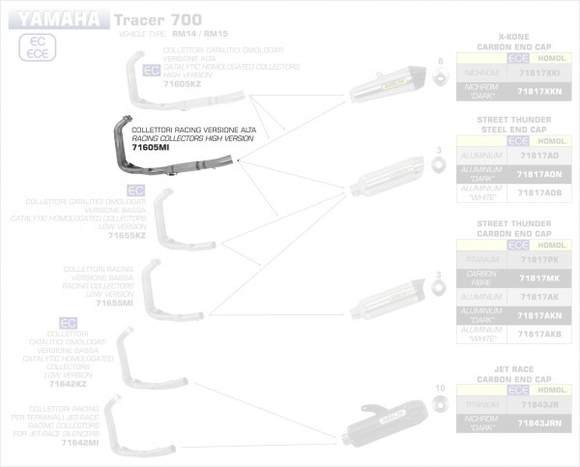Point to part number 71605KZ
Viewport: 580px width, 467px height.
pyautogui.click(x=182, y=85)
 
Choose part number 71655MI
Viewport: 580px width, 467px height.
pyautogui.click(x=114, y=303)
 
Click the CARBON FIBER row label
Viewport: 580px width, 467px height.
pyautogui.click(x=480, y=278)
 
